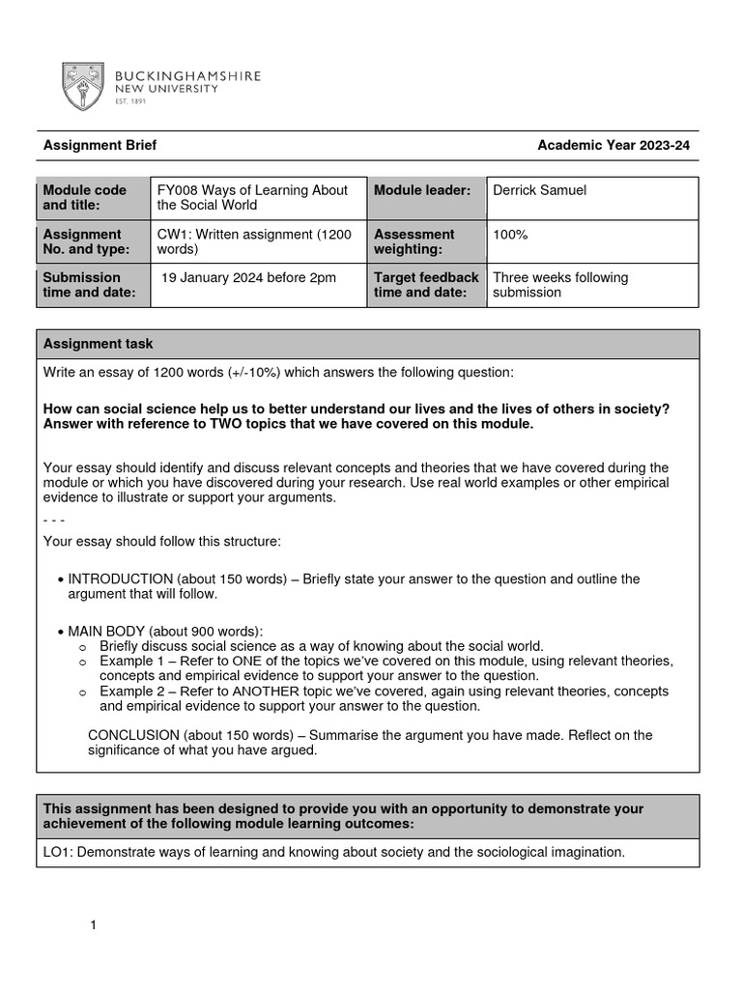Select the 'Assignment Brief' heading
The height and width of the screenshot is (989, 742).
100,146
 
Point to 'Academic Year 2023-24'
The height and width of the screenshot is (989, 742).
614,146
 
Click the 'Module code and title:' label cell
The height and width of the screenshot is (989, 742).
93,198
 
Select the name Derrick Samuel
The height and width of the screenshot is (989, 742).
539,190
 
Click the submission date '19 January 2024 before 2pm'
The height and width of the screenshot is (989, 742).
248,278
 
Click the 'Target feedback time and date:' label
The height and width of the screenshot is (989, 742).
426,285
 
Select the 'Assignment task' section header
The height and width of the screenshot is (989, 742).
98,344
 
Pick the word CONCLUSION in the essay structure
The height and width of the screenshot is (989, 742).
132,735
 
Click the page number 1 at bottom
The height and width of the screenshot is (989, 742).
94,926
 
